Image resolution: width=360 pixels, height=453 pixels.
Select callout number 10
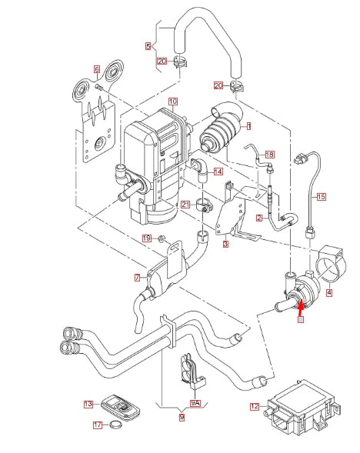173,101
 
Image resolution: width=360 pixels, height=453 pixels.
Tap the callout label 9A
195,402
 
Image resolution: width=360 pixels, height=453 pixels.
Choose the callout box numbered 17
97,424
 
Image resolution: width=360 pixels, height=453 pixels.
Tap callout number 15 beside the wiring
322,197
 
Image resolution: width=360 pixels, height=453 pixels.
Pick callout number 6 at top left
97,69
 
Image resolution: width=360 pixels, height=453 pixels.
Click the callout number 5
148,46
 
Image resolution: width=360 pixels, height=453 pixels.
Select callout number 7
138,277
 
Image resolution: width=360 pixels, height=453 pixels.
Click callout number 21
185,204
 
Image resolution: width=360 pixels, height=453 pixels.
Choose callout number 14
218,172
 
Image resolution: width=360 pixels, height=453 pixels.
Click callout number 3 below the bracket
225,245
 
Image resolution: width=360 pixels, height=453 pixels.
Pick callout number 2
259,218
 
